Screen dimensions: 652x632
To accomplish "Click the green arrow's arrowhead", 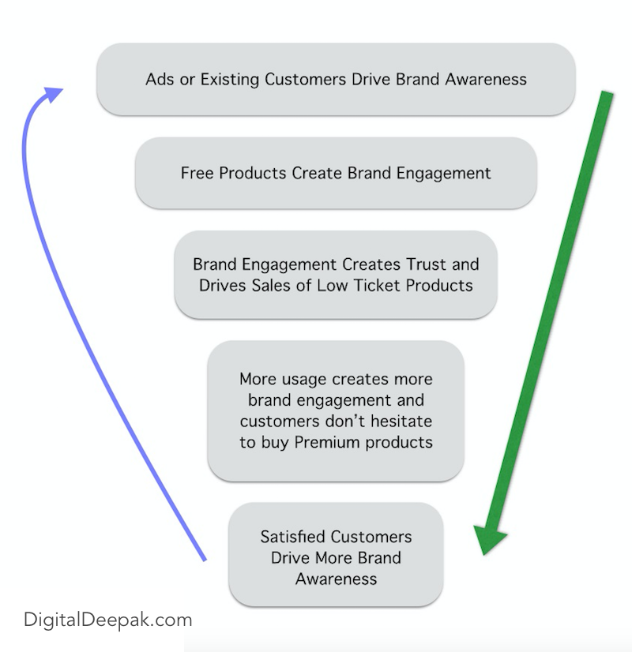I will tap(490, 542).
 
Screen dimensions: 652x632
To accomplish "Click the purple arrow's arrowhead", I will tap(54, 95).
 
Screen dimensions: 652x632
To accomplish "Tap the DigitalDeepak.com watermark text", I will tap(107, 620).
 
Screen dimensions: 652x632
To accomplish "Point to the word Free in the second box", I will tap(197, 173).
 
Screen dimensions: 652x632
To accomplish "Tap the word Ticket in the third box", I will tap(378, 286).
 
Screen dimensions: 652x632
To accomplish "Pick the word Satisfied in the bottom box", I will tap(293, 537).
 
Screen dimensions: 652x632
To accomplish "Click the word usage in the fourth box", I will tap(310, 380).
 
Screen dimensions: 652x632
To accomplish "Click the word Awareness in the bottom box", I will tap(336, 579).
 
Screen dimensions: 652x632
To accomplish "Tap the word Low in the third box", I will tap(334, 286).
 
